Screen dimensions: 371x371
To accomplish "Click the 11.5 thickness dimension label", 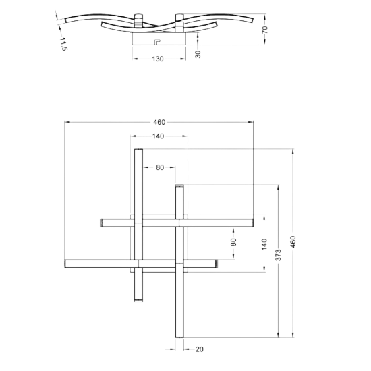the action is (63, 44).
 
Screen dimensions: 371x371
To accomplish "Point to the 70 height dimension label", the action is (265, 29).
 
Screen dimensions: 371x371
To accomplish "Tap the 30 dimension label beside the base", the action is (198, 54).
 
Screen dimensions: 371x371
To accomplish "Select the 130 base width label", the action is (158, 59).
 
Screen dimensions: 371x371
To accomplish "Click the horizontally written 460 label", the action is (159, 122).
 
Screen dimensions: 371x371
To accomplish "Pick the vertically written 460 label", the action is (293, 241).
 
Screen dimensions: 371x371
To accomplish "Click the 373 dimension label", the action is (278, 255).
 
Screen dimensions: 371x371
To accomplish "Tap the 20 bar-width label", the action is (200, 349).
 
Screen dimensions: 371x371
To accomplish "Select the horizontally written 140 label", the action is (158, 136).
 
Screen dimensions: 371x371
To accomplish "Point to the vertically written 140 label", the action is (264, 244).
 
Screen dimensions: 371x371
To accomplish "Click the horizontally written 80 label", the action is (160, 167).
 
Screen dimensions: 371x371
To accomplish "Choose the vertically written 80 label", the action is (233, 242).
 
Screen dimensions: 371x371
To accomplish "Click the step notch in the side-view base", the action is (157, 42).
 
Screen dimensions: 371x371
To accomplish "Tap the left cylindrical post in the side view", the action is (139, 21).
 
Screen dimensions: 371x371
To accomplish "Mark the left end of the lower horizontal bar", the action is (65, 264).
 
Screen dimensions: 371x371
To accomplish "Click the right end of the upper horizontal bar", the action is (253, 223).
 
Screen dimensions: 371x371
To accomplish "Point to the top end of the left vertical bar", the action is (139, 149).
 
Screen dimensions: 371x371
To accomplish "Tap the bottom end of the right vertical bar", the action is (179, 337).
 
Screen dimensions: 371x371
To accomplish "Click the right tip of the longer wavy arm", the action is (252, 21).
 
